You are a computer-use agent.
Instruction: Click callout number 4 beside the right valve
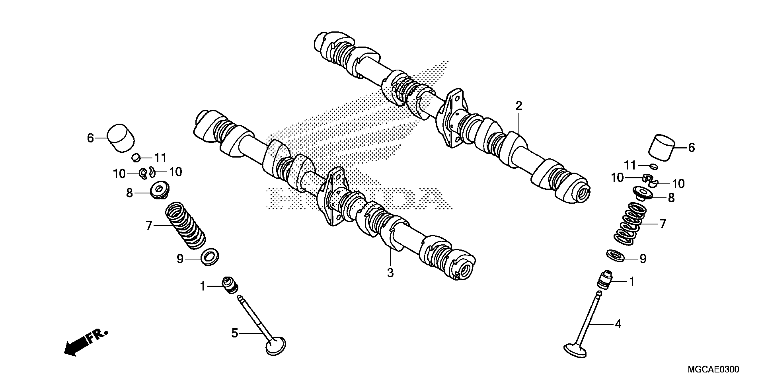tap(617, 324)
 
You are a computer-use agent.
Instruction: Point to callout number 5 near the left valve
tap(235, 333)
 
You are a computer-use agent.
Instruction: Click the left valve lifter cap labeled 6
tap(120, 138)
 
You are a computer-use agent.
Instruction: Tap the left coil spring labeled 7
tap(185, 225)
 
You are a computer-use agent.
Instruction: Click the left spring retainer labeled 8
tap(160, 191)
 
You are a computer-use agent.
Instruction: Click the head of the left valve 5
tap(276, 346)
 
